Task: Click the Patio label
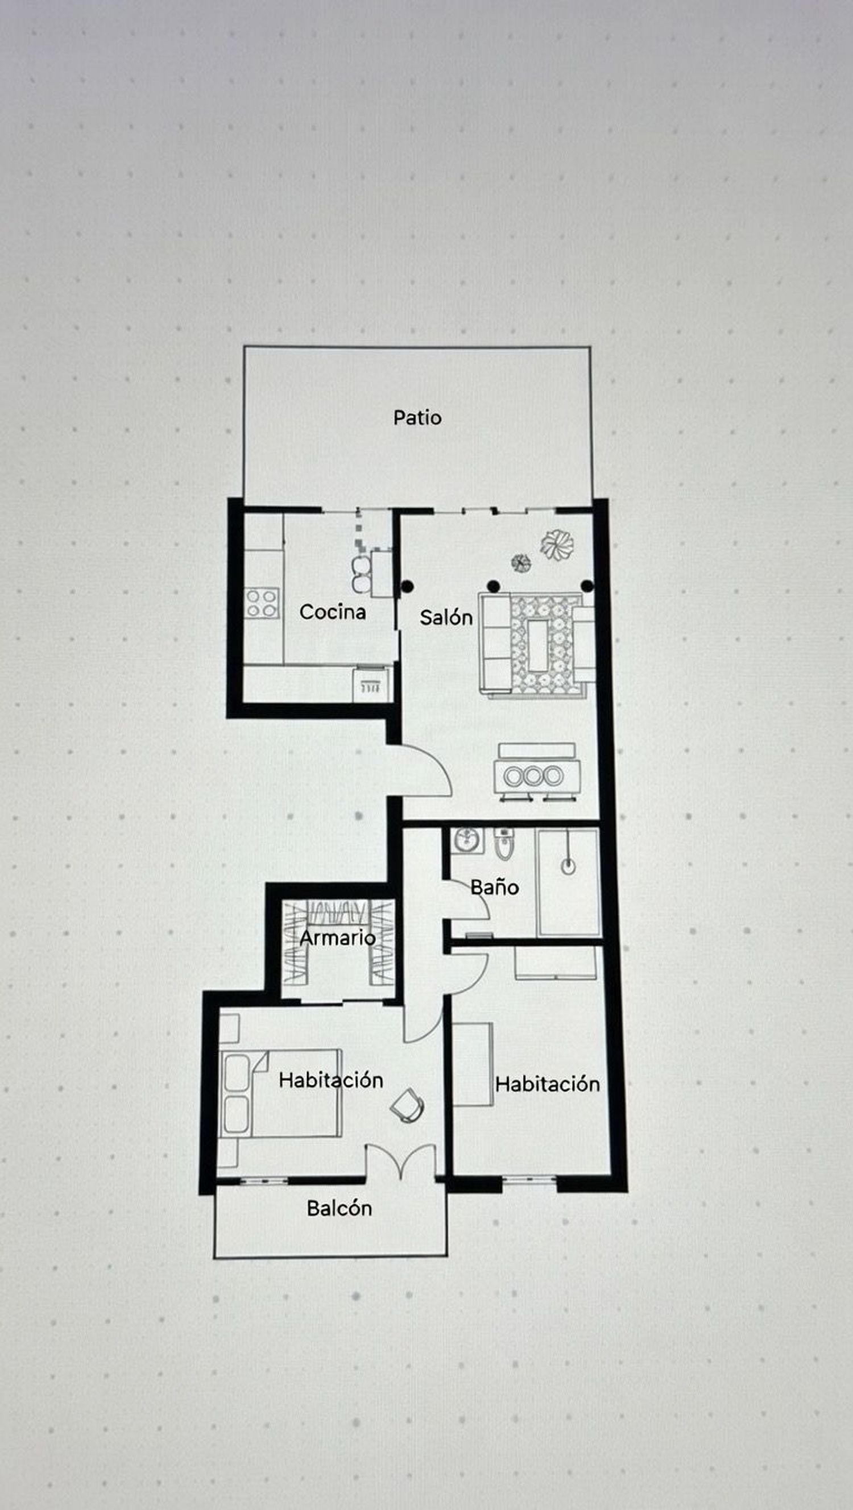coord(417,418)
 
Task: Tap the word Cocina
coord(333,612)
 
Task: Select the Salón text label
coord(446,617)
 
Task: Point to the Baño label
coord(494,887)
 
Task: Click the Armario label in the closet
coord(337,938)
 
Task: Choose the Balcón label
coord(339,1208)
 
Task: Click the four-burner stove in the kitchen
coord(262,604)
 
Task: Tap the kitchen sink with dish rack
coord(372,685)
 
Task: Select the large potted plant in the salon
coord(556,545)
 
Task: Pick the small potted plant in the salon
coord(520,563)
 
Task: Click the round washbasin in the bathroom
coord(467,839)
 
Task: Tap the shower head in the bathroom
coord(568,865)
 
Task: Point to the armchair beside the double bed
coord(407,1106)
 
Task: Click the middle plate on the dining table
coord(532,776)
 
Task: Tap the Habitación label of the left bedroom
coord(330,1080)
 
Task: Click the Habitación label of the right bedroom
coord(547,1084)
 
